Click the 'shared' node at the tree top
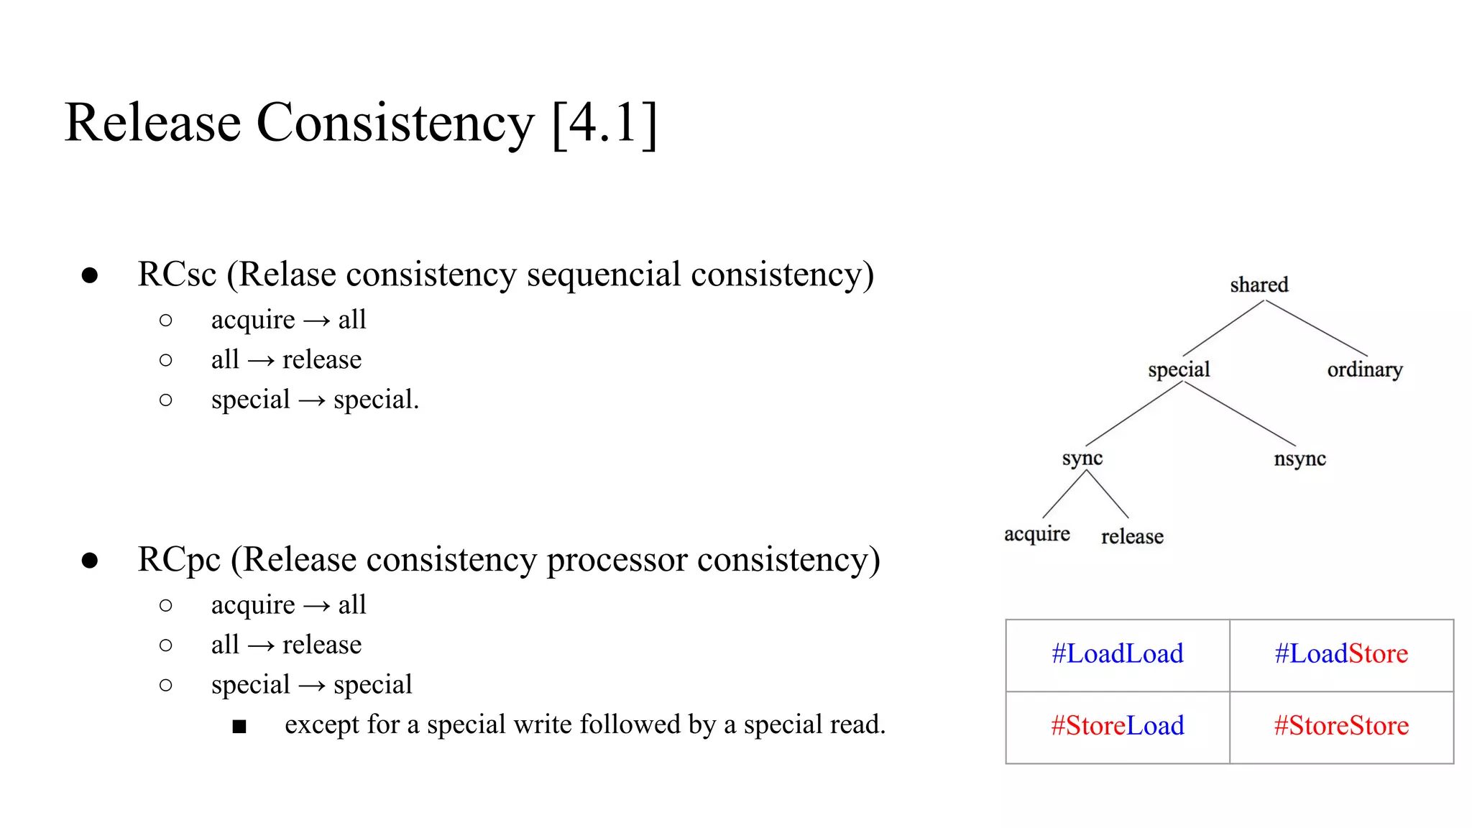(1259, 285)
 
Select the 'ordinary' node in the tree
(1364, 369)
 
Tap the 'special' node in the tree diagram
(1179, 369)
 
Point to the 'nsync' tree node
(1299, 459)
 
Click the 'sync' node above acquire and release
(1082, 459)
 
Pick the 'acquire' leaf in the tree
(1036, 534)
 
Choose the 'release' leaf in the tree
(1132, 536)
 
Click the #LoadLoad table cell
(1117, 654)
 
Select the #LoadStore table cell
(1341, 654)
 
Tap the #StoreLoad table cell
(1117, 726)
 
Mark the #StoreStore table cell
(1341, 726)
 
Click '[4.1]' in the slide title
(604, 124)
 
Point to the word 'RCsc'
(177, 275)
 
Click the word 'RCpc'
(179, 560)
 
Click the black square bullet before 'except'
(239, 727)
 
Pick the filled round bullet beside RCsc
(90, 275)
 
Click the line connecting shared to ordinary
(1316, 328)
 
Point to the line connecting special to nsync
(1239, 413)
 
